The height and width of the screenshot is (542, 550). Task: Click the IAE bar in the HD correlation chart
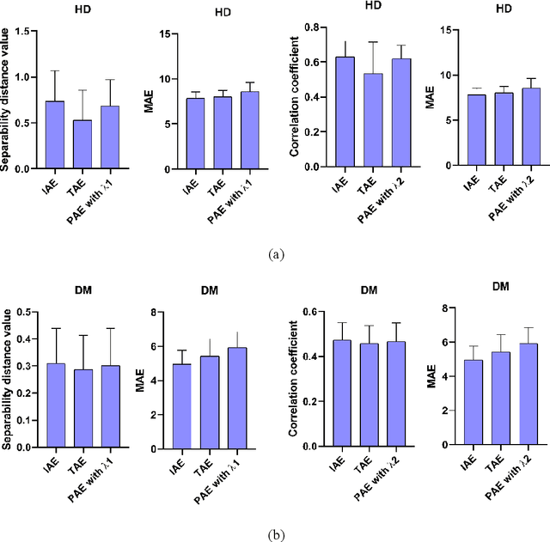click(345, 112)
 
